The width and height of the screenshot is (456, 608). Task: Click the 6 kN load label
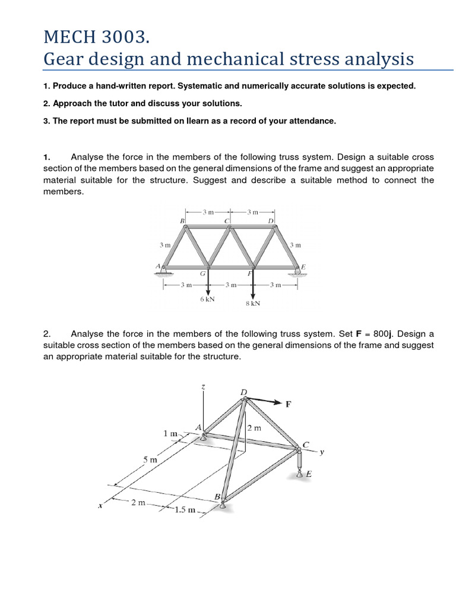[x=207, y=299]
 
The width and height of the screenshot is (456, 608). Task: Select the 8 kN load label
[x=253, y=303]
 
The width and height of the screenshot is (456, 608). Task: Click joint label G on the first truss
[x=203, y=274]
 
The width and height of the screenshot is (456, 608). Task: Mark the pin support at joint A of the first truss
[x=164, y=271]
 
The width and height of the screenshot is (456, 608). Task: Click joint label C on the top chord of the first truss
[x=226, y=221]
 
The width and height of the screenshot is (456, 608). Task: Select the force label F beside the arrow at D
[x=289, y=404]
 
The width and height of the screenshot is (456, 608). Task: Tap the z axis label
[x=203, y=387]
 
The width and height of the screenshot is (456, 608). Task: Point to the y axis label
[x=322, y=451]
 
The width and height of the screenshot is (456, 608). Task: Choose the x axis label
[x=100, y=506]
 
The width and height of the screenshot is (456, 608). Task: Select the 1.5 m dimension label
[x=184, y=510]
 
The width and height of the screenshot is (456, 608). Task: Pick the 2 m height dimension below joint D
[x=254, y=427]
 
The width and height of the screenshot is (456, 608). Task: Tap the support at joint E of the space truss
[x=300, y=471]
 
